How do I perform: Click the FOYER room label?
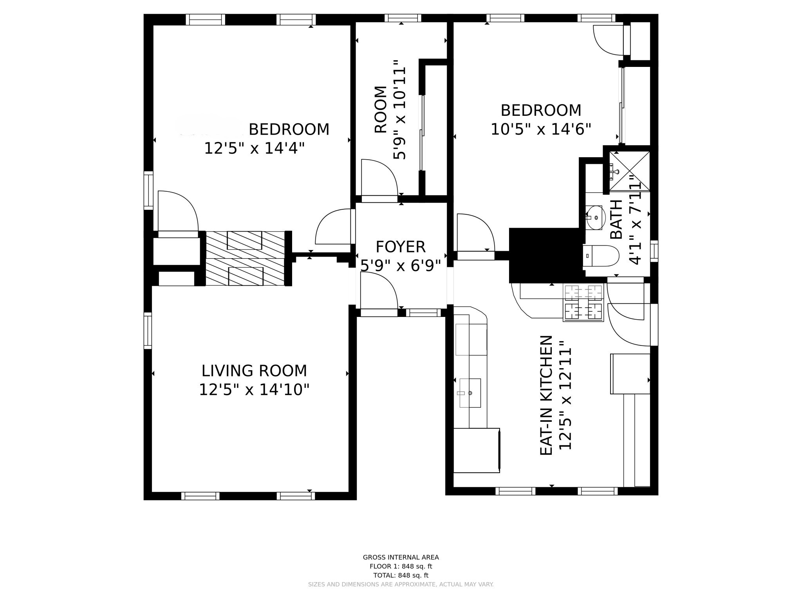400,247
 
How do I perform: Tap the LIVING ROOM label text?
254,371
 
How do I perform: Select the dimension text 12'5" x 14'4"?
254,148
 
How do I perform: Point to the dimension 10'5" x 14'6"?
541,129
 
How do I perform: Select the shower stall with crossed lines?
629,171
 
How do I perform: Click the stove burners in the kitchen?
583,302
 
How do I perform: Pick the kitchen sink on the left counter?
470,393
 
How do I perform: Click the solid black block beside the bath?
544,255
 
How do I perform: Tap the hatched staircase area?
245,258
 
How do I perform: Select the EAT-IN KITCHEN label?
546,395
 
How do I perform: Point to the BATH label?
616,219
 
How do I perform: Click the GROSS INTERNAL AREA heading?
401,557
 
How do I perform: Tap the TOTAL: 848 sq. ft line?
401,575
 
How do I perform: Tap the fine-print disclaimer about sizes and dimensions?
401,585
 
